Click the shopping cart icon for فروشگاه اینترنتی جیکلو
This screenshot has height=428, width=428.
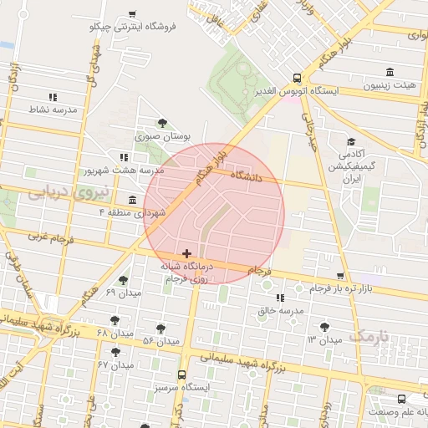click(133, 14)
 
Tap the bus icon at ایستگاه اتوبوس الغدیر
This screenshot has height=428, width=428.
click(298, 76)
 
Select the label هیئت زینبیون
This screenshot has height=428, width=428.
click(391, 85)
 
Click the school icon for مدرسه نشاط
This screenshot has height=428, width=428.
click(53, 97)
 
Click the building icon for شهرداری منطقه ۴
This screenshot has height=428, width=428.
click(133, 199)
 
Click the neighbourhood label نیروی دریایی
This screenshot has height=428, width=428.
click(58, 192)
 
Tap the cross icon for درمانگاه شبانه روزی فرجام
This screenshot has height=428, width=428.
click(186, 252)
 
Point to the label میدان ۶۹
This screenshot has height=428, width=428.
click(124, 293)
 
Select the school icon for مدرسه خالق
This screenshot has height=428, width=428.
click(280, 298)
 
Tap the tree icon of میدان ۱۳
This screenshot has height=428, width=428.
click(324, 327)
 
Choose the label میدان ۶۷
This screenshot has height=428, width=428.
click(116, 365)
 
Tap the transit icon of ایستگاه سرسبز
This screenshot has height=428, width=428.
click(181, 375)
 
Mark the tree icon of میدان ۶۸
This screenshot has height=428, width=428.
click(115, 320)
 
